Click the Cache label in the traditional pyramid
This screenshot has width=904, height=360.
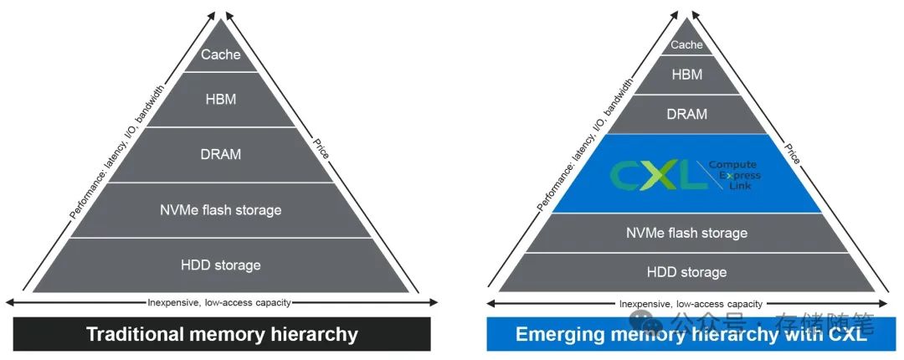[x=220, y=55]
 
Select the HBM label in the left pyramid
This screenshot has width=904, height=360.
[x=220, y=100]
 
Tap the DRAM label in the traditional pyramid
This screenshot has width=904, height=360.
[x=220, y=154]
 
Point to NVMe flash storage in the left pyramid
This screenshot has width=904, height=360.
[x=221, y=210]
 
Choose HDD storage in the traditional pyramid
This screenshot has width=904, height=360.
[x=221, y=265]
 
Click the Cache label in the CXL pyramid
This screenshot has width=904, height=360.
[x=686, y=45]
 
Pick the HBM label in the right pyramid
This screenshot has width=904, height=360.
[x=686, y=75]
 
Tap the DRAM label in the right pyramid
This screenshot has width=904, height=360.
[x=687, y=115]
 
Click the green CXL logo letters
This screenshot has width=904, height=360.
[x=658, y=174]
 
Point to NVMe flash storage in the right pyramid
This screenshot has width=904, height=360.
[x=687, y=233]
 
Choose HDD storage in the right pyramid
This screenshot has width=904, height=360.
[x=687, y=272]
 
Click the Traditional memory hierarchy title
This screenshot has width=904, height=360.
[x=222, y=335]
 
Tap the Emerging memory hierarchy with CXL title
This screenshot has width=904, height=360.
[x=691, y=335]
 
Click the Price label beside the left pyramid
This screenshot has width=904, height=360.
[x=321, y=147]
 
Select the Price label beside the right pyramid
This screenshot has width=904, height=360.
[x=791, y=151]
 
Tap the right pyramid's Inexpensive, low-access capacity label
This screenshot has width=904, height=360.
[x=691, y=304]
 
